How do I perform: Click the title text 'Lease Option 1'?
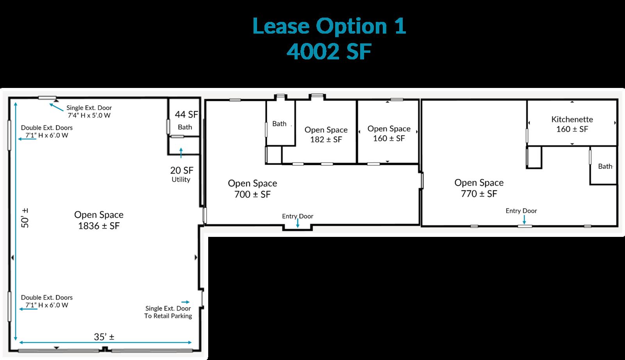point(329,26)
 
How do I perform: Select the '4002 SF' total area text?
point(329,52)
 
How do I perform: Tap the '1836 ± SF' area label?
point(99,226)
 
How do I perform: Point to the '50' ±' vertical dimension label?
point(25,218)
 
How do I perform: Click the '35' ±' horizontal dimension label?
point(104,337)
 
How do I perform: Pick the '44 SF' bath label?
point(186,115)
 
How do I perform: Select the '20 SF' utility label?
point(182,170)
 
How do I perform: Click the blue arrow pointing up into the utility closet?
point(181,153)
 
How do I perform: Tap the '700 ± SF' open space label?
point(252,194)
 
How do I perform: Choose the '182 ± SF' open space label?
point(326,140)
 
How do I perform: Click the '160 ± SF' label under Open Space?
point(389,138)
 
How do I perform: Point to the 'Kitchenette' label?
point(572,119)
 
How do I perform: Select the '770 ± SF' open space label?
point(479,194)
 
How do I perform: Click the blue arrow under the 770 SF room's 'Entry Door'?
point(524,220)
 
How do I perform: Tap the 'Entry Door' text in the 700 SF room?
point(297,216)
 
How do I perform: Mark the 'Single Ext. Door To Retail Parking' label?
point(168,312)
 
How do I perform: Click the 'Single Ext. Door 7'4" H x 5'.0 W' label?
point(89,111)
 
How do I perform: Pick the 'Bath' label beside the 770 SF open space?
point(605,167)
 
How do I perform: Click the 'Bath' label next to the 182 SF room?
point(279,124)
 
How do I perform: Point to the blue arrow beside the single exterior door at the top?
point(56,107)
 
